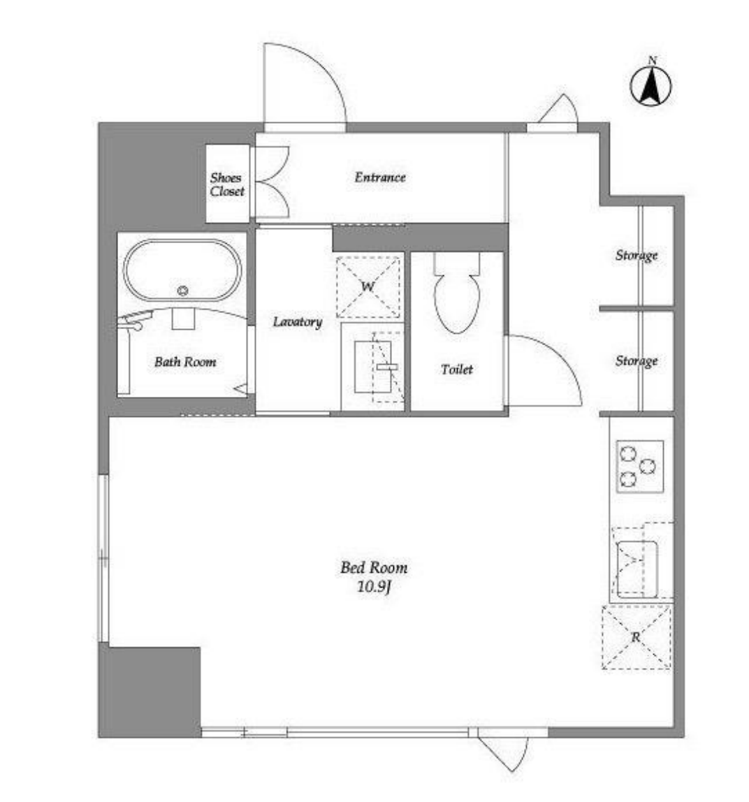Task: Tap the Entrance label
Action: click(380, 177)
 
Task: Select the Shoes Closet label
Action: click(227, 184)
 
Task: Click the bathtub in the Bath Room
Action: click(182, 270)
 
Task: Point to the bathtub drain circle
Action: click(182, 291)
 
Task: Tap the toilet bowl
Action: click(457, 302)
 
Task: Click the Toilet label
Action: click(457, 369)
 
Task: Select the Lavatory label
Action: click(297, 322)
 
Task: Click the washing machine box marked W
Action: click(368, 287)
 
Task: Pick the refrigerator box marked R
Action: click(636, 637)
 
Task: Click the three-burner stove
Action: click(639, 466)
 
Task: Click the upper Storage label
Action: click(637, 255)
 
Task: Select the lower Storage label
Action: click(637, 360)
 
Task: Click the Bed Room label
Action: click(374, 567)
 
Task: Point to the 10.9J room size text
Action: click(374, 587)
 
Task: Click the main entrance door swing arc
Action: click(322, 66)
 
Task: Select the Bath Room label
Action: click(185, 362)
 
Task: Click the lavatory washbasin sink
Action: click(373, 367)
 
